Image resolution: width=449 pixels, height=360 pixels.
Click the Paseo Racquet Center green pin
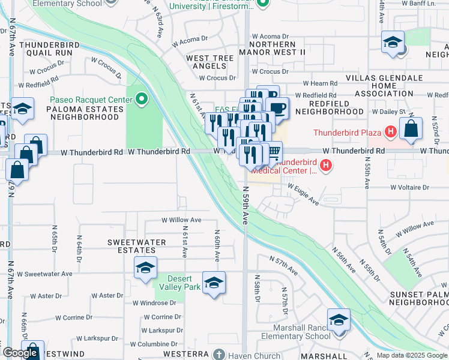pos(142,98)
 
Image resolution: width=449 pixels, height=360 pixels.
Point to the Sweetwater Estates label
pos(136,246)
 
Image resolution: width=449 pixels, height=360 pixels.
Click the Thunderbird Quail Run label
pos(46,49)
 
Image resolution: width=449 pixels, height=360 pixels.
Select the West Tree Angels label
pos(209,61)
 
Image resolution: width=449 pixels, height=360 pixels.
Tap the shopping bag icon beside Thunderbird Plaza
pos(411,128)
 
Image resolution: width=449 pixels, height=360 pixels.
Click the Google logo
pos(20,353)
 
